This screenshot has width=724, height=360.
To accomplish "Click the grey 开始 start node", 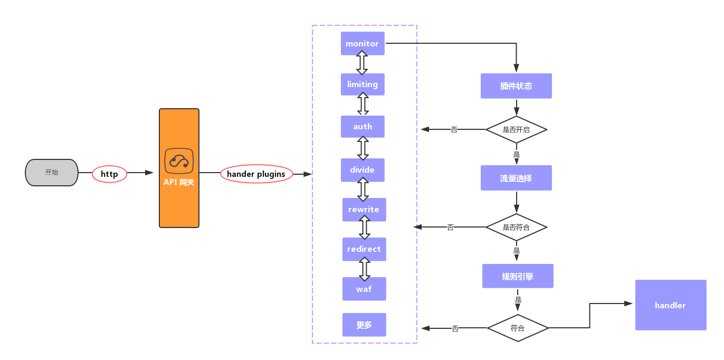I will (52, 173).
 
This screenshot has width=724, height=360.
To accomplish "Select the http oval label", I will (109, 174).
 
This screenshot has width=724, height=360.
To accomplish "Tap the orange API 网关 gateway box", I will (179, 168).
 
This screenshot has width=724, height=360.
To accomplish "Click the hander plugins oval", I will (256, 174).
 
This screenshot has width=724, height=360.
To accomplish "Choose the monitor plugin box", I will (363, 43).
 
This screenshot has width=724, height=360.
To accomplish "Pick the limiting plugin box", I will (363, 84).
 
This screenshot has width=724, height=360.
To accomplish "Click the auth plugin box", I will (363, 127).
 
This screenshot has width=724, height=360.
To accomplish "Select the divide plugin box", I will (363, 169).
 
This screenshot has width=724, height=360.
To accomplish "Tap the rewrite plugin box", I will (364, 210).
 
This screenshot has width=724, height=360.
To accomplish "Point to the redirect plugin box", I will (364, 249).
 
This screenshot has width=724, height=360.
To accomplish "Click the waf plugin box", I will (364, 289).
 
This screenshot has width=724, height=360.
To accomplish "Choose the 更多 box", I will (364, 325).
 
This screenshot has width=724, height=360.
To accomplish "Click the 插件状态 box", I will (516, 86).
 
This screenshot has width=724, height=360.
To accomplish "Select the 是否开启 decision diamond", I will (516, 129).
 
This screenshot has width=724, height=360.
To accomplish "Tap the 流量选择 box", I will (516, 178).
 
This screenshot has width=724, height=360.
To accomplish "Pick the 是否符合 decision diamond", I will (516, 228).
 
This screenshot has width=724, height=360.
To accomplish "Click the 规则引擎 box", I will (518, 276).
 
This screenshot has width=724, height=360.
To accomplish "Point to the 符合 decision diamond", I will (518, 328).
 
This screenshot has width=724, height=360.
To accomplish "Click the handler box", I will (670, 305).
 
